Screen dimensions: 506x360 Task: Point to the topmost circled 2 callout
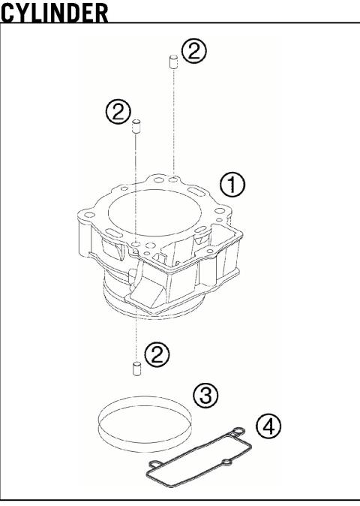tap(194, 51)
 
